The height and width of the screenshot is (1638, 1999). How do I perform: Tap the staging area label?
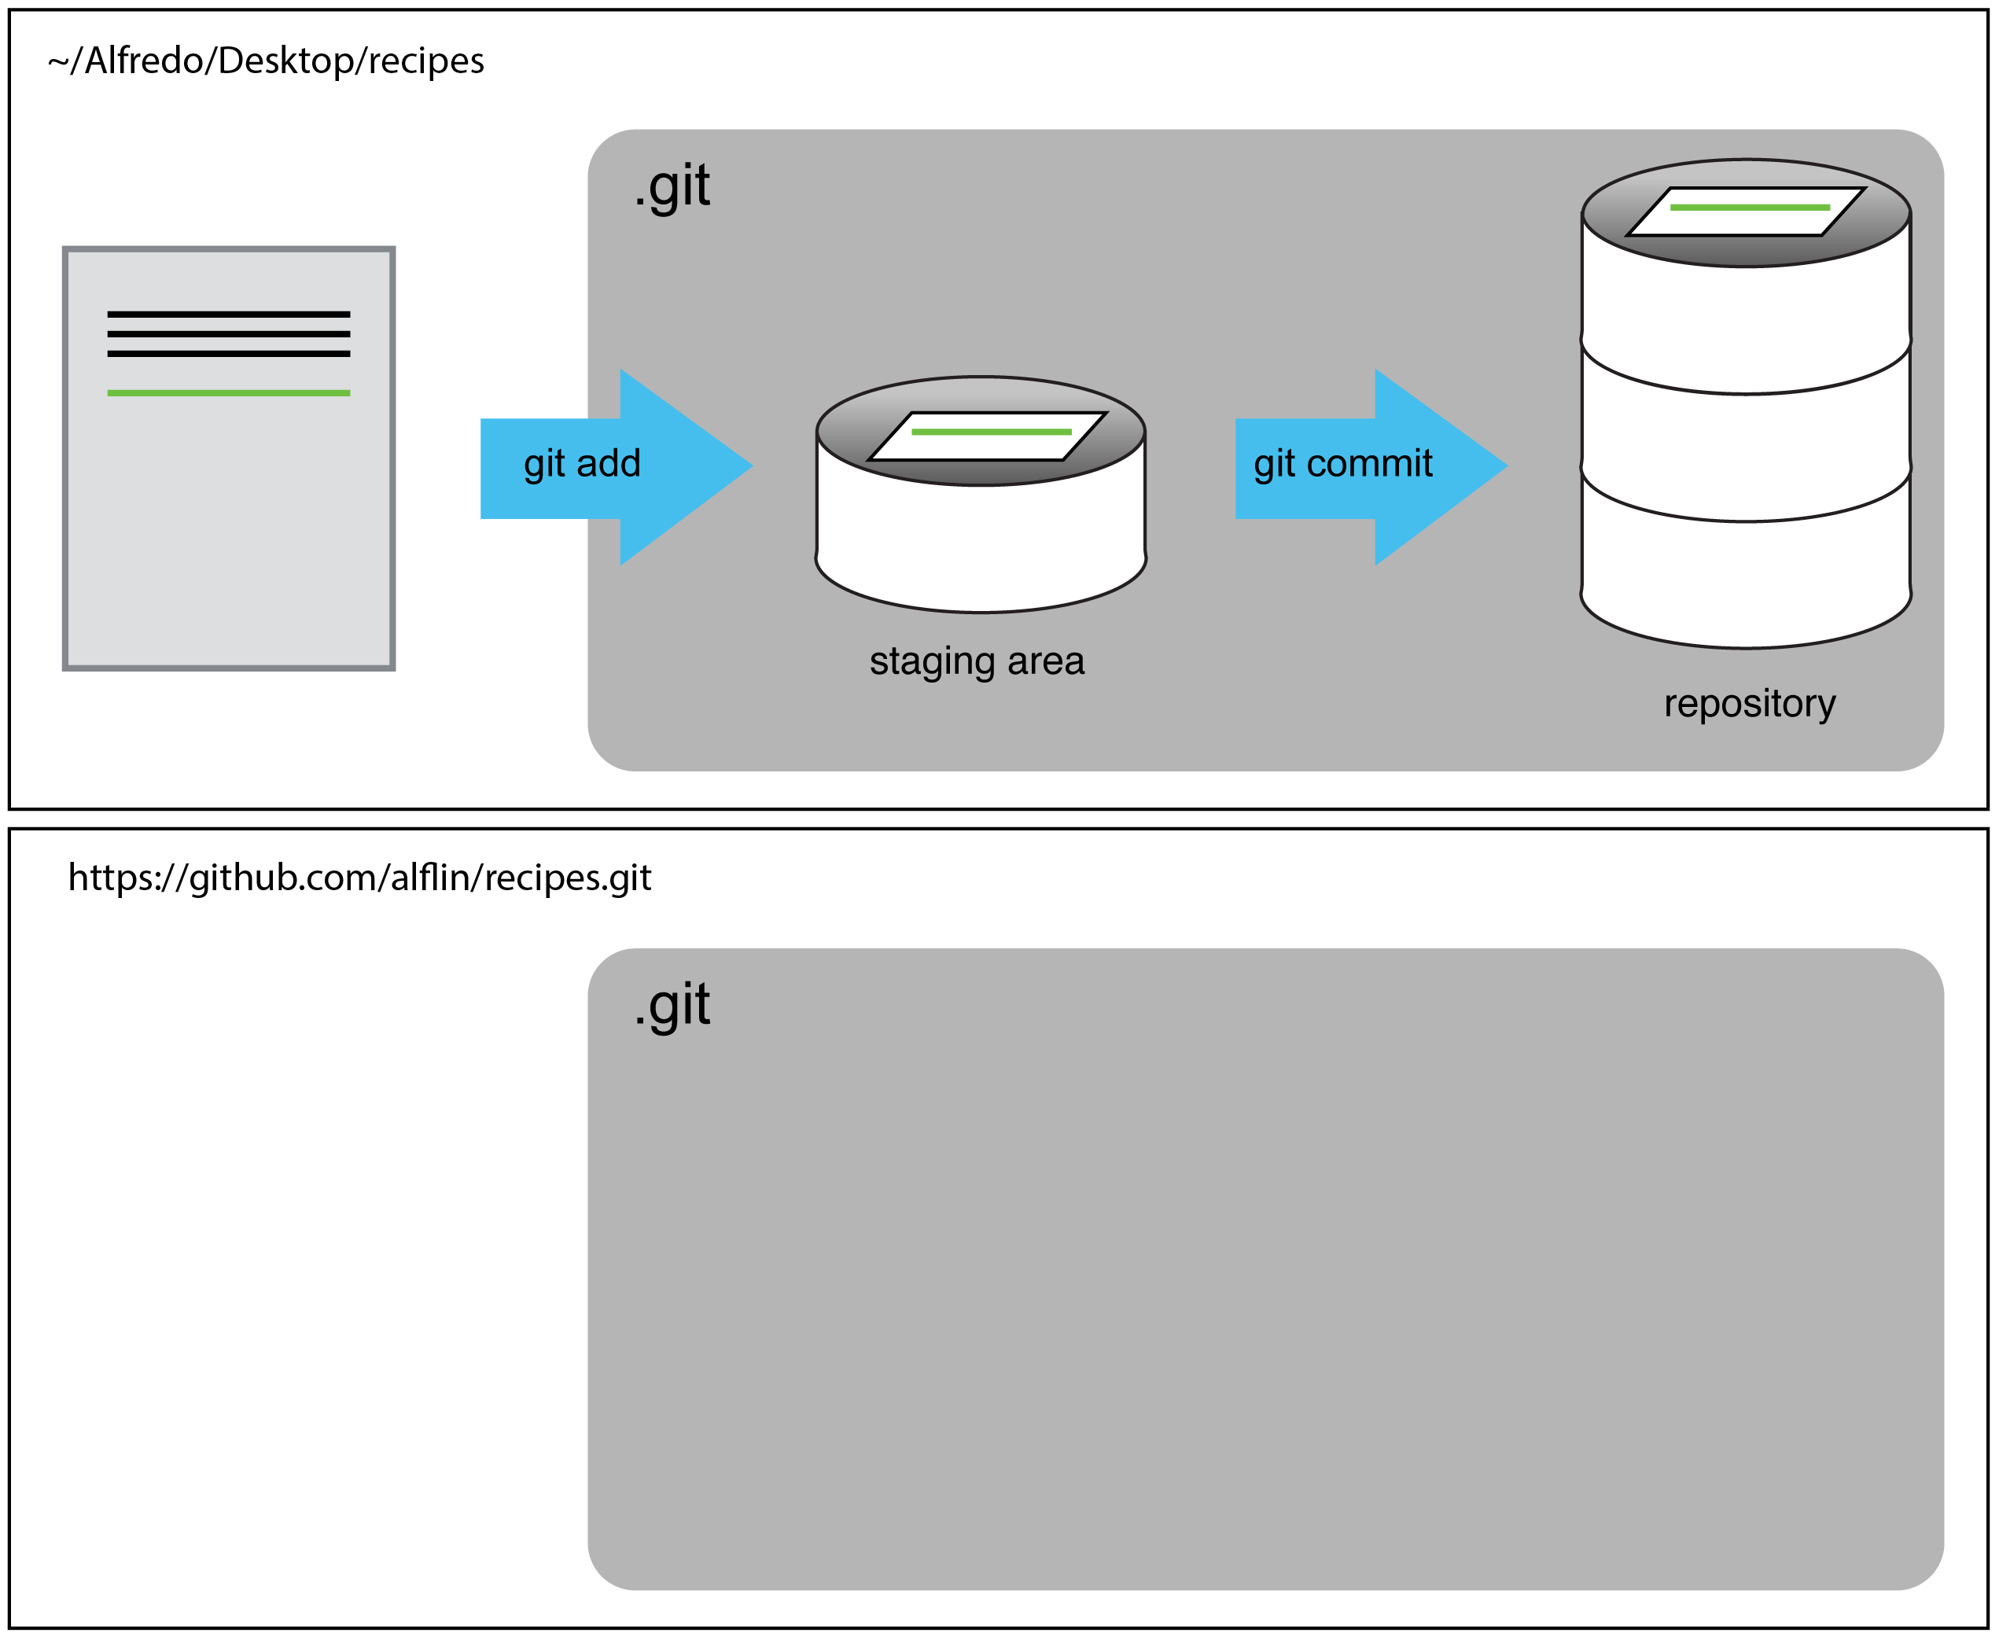coord(977,661)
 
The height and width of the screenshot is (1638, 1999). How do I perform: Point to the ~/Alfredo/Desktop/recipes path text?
coord(266,61)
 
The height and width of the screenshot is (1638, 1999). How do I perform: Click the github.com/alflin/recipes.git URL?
coord(359,878)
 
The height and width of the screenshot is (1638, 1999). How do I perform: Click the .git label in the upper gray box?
coord(672,186)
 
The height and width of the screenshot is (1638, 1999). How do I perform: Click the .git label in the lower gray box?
coord(672,1005)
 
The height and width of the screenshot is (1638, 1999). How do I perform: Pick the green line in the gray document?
coord(228,392)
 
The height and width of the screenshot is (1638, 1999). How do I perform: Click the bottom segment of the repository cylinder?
coord(1745,576)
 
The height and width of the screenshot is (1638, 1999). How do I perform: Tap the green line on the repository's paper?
coord(1749,207)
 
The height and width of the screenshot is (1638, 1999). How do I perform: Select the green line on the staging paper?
coord(991,431)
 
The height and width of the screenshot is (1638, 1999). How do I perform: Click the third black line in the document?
coord(228,354)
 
